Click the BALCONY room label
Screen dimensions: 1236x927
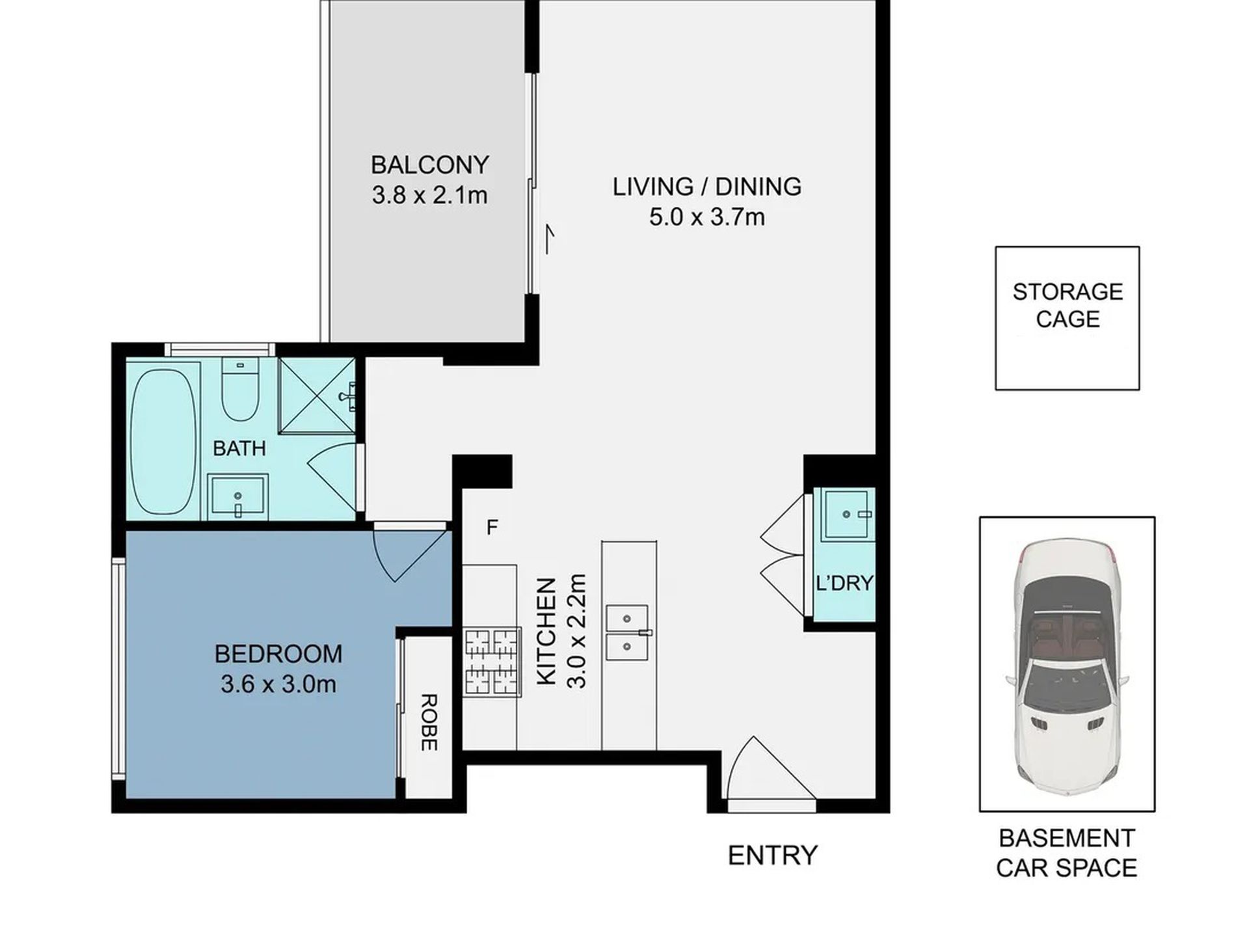click(x=429, y=165)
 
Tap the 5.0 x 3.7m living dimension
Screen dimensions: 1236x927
click(x=706, y=217)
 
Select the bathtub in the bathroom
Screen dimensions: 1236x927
click(x=163, y=442)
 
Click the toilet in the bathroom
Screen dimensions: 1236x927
click(x=240, y=390)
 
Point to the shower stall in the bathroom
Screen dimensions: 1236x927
click(x=317, y=395)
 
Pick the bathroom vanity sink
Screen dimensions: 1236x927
click(x=237, y=497)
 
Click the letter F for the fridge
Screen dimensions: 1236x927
click(x=492, y=527)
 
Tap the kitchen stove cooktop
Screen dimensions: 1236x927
click(x=492, y=662)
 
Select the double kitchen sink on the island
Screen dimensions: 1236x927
click(x=627, y=632)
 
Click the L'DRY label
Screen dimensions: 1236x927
click(x=844, y=583)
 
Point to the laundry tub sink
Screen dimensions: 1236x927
click(x=848, y=515)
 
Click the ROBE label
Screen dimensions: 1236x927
click(x=427, y=722)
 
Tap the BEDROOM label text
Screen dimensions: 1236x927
click(x=278, y=654)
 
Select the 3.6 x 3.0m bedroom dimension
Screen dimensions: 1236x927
click(x=278, y=684)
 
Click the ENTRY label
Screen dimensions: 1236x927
click(x=772, y=855)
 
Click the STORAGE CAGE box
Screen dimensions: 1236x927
click(x=1067, y=318)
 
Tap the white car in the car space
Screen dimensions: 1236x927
click(x=1067, y=664)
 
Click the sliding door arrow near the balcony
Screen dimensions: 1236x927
click(x=550, y=239)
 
